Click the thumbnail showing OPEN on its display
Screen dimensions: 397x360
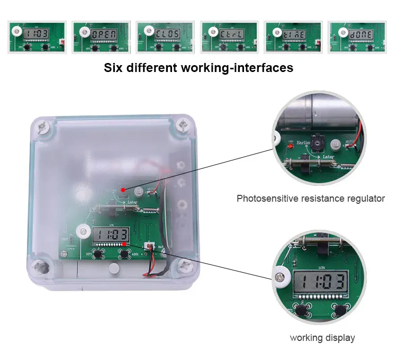[x=101, y=37]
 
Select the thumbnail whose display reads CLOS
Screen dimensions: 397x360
[x=165, y=37]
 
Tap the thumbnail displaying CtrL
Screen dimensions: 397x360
[x=229, y=37]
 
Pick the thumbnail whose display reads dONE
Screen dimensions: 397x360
[x=357, y=37]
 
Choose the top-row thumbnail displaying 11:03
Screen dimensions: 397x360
[x=37, y=37]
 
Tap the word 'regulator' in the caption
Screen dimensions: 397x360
[x=366, y=199]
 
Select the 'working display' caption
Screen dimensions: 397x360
[x=322, y=338]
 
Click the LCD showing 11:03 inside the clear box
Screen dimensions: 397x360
[x=111, y=235]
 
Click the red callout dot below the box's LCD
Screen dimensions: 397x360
[x=124, y=244]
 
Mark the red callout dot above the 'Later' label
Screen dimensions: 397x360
[x=123, y=189]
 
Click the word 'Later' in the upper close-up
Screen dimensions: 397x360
[x=328, y=158]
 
